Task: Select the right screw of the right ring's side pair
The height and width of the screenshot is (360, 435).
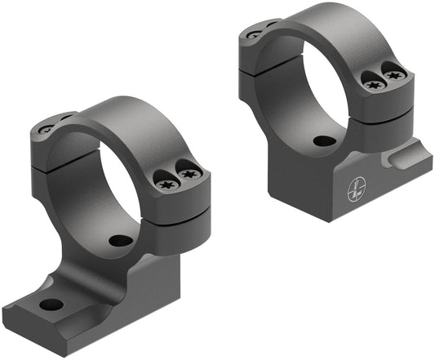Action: point(394,76)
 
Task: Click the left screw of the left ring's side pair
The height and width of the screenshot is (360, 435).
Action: point(166,183)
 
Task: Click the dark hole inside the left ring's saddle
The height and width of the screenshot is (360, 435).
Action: point(121,241)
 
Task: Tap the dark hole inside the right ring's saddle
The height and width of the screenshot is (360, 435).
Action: point(325,140)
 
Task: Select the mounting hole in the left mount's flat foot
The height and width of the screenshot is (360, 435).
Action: point(51,304)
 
